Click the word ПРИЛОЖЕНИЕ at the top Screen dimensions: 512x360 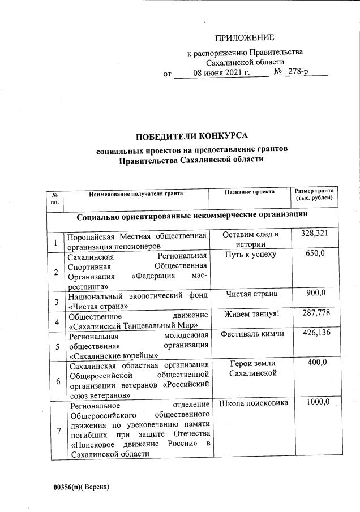[x=244, y=38]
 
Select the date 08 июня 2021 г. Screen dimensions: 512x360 [x=221, y=74]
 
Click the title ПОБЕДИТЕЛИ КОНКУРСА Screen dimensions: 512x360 [x=192, y=136]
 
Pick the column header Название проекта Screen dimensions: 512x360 [x=250, y=192]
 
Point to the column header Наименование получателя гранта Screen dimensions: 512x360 [x=136, y=194]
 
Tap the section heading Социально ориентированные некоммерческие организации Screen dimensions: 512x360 [x=192, y=216]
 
